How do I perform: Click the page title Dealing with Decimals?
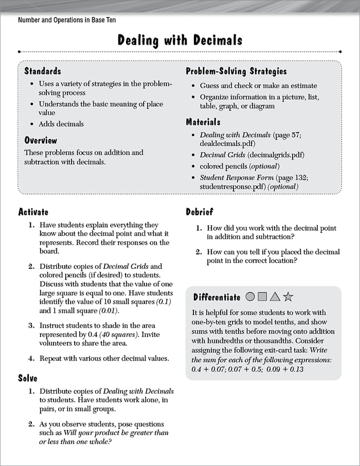tap(179, 40)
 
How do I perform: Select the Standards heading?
tap(43, 71)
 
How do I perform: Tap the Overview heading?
tap(41, 140)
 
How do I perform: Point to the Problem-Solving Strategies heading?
tap(236, 71)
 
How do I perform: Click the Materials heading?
tap(203, 122)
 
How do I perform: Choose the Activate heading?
tap(33, 212)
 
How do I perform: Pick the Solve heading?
tap(28, 378)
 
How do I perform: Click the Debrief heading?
tap(199, 212)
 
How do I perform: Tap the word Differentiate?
tap(217, 297)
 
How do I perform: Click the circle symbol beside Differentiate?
tap(250, 296)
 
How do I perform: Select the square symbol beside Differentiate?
tap(262, 296)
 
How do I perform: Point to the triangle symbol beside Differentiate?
tap(275, 296)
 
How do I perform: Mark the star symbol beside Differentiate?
tap(289, 296)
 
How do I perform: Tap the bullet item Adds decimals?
tap(61, 124)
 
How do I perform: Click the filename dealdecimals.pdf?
tap(227, 143)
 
